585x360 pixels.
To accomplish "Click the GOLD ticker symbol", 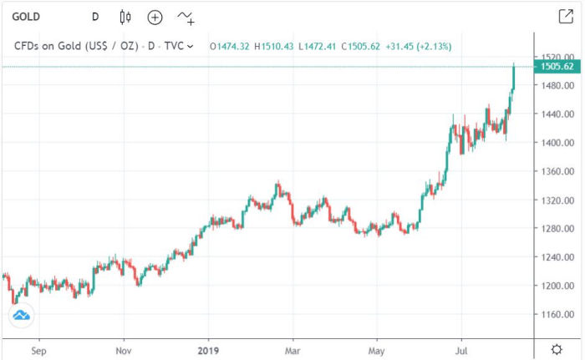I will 27,17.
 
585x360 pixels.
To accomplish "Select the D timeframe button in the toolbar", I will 95,17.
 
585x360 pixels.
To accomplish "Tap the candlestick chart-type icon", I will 125,17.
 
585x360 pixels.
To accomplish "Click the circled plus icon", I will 155,17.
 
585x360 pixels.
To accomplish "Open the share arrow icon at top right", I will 565,16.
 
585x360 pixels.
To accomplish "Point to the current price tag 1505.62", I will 557,67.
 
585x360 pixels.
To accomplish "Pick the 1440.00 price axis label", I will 557,114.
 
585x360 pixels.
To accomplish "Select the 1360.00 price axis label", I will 557,171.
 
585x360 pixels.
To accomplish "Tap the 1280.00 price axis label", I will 557,229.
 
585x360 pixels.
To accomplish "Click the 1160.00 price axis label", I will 557,315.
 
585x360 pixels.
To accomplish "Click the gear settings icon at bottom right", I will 557,348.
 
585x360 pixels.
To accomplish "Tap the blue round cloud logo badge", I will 21,315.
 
